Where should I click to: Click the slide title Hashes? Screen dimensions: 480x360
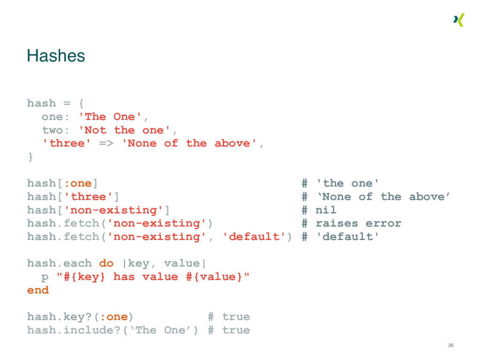[x=56, y=56]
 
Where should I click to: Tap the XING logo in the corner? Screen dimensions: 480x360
[x=458, y=20]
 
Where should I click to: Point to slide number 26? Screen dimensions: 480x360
[x=450, y=345]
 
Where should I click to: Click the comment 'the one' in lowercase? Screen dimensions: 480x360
[x=348, y=183]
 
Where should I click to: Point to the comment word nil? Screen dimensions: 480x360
[x=326, y=210]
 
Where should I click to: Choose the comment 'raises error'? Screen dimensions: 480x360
[x=358, y=223]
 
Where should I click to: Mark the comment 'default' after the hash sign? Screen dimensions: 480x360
[x=347, y=237]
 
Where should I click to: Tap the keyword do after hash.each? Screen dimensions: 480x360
[x=106, y=263]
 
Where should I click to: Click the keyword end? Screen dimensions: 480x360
[x=38, y=290]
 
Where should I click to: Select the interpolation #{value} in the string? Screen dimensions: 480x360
[x=214, y=277]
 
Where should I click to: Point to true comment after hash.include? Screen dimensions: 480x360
[x=236, y=330]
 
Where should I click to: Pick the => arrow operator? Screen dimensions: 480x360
[x=106, y=143]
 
